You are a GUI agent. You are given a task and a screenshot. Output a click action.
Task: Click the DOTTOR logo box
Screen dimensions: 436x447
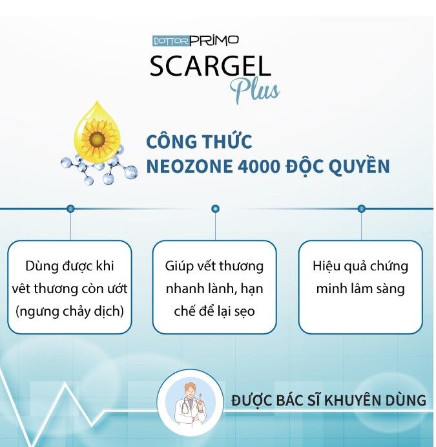tap(171, 41)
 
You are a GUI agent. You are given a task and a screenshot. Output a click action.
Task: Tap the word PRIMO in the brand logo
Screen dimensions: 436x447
tap(214, 40)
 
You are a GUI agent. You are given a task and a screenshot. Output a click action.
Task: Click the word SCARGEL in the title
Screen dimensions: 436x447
tap(211, 66)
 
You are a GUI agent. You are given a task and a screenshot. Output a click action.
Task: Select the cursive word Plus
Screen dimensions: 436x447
tap(254, 91)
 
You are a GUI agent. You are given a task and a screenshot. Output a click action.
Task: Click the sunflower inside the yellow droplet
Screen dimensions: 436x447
tap(96, 139)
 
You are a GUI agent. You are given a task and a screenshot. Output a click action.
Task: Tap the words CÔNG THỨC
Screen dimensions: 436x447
tap(199, 141)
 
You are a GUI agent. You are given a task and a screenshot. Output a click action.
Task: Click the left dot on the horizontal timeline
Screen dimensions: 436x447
tap(70, 209)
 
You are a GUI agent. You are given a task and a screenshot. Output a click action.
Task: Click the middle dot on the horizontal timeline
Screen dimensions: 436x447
tap(216, 209)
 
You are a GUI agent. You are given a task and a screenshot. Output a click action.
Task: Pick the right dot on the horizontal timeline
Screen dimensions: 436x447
tap(362, 209)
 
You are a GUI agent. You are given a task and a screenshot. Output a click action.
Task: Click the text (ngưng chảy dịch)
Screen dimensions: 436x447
tap(70, 311)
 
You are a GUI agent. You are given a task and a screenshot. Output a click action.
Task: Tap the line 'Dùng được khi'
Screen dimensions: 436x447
tap(70, 267)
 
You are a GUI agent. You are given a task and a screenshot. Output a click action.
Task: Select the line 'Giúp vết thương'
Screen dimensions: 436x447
tap(214, 267)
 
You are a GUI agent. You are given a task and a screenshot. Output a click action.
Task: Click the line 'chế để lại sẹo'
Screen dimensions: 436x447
tap(214, 311)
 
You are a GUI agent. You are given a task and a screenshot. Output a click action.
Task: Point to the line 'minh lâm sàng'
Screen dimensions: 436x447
tap(360, 289)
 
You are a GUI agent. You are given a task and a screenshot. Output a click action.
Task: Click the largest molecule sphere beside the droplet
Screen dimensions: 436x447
tap(129, 172)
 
